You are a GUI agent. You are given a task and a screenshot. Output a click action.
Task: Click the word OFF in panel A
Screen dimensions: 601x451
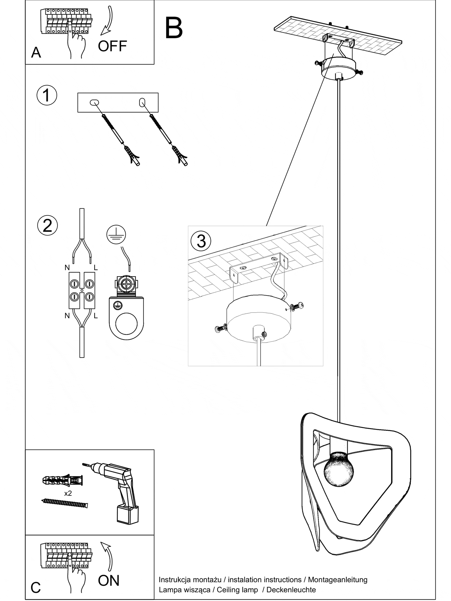(112, 46)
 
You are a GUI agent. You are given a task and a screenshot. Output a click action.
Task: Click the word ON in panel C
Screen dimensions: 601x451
(109, 580)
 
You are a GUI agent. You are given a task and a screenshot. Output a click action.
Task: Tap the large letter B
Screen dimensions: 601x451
(174, 28)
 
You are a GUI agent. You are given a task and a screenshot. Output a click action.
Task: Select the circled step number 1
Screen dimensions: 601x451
(47, 95)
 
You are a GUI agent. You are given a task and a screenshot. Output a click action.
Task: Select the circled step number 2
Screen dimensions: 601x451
(48, 225)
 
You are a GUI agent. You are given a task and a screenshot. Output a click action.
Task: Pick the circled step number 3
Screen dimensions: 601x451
(201, 241)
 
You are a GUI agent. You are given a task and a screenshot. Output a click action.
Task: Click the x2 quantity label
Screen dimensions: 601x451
(68, 493)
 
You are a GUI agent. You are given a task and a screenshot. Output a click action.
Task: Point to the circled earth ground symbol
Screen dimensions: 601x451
(116, 234)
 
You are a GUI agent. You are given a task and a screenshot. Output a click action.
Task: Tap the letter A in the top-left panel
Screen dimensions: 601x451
(36, 53)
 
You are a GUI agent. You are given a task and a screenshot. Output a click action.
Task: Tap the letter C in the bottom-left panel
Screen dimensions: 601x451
(35, 587)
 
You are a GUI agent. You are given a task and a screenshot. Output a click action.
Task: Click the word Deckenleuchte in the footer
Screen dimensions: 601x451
(291, 590)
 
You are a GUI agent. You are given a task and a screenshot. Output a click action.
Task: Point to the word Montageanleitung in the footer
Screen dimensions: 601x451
(337, 580)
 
